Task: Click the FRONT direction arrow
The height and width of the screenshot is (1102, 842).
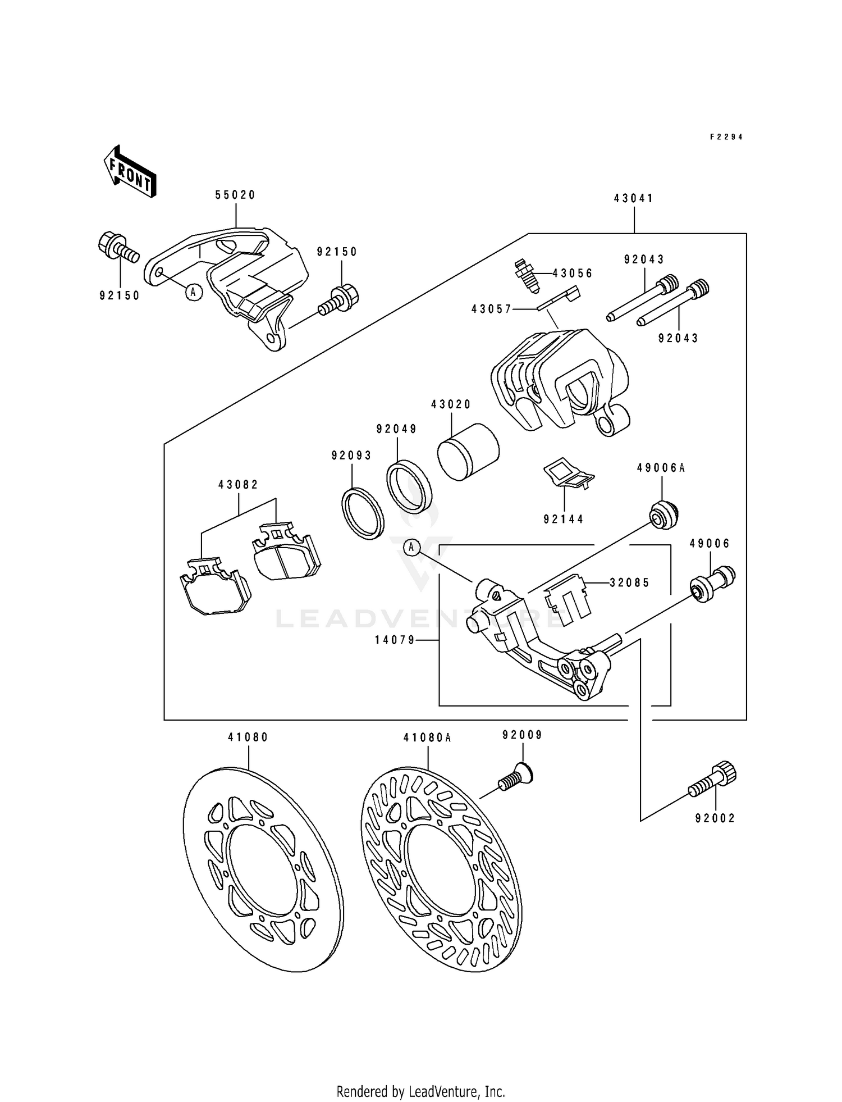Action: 130,171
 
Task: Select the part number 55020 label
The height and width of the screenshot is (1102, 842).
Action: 235,195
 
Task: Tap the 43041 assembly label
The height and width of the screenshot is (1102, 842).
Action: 634,198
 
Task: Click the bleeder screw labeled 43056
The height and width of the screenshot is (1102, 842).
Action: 526,275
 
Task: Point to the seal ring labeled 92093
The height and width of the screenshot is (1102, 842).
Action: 363,514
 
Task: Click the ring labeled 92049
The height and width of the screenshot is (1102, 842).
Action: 410,486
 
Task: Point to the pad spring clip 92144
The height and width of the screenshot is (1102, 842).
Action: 568,473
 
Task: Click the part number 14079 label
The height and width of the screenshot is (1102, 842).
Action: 396,640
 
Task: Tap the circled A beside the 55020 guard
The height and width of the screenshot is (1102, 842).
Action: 193,292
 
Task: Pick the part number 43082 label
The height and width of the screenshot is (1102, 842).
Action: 239,485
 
